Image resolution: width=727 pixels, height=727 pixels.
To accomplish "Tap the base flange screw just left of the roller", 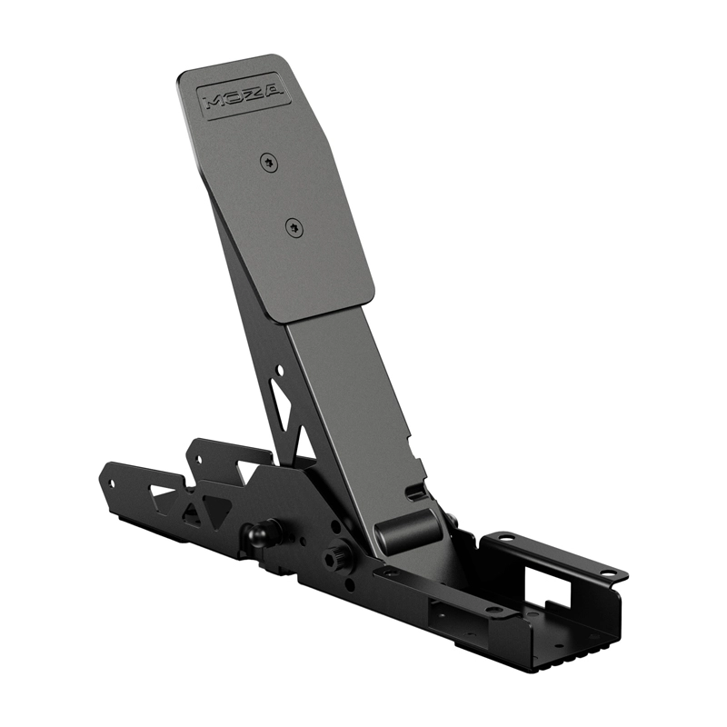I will tap(388, 574).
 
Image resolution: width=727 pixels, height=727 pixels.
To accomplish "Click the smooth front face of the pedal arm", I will tap(350, 400).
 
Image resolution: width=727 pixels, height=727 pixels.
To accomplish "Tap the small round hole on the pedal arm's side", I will tap(280, 371).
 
